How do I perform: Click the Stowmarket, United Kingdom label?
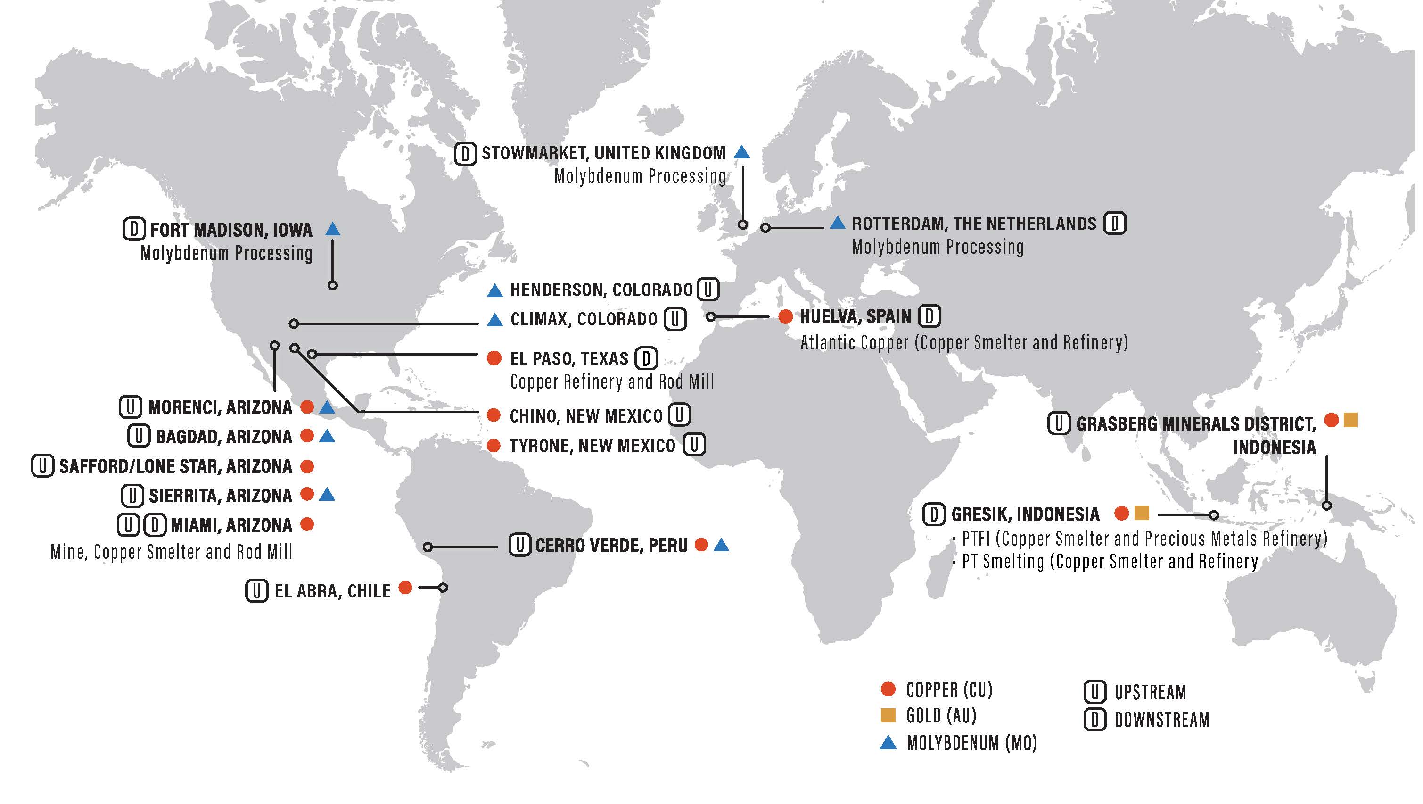[603, 153]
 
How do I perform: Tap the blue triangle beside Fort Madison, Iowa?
[333, 229]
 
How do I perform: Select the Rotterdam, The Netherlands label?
[974, 224]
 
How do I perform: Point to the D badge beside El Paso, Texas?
[646, 359]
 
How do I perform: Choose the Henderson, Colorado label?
[601, 290]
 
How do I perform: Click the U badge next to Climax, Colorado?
[674, 319]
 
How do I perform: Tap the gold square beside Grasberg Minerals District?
[1350, 421]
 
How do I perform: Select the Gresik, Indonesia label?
[1025, 514]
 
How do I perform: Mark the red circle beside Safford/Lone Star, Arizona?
[307, 466]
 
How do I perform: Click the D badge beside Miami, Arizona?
[155, 525]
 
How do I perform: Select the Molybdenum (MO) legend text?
[971, 743]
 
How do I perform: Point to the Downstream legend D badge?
[1095, 720]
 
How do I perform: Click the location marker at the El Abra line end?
[443, 588]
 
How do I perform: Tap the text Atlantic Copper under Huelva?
[854, 343]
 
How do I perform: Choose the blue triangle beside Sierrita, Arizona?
[328, 495]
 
